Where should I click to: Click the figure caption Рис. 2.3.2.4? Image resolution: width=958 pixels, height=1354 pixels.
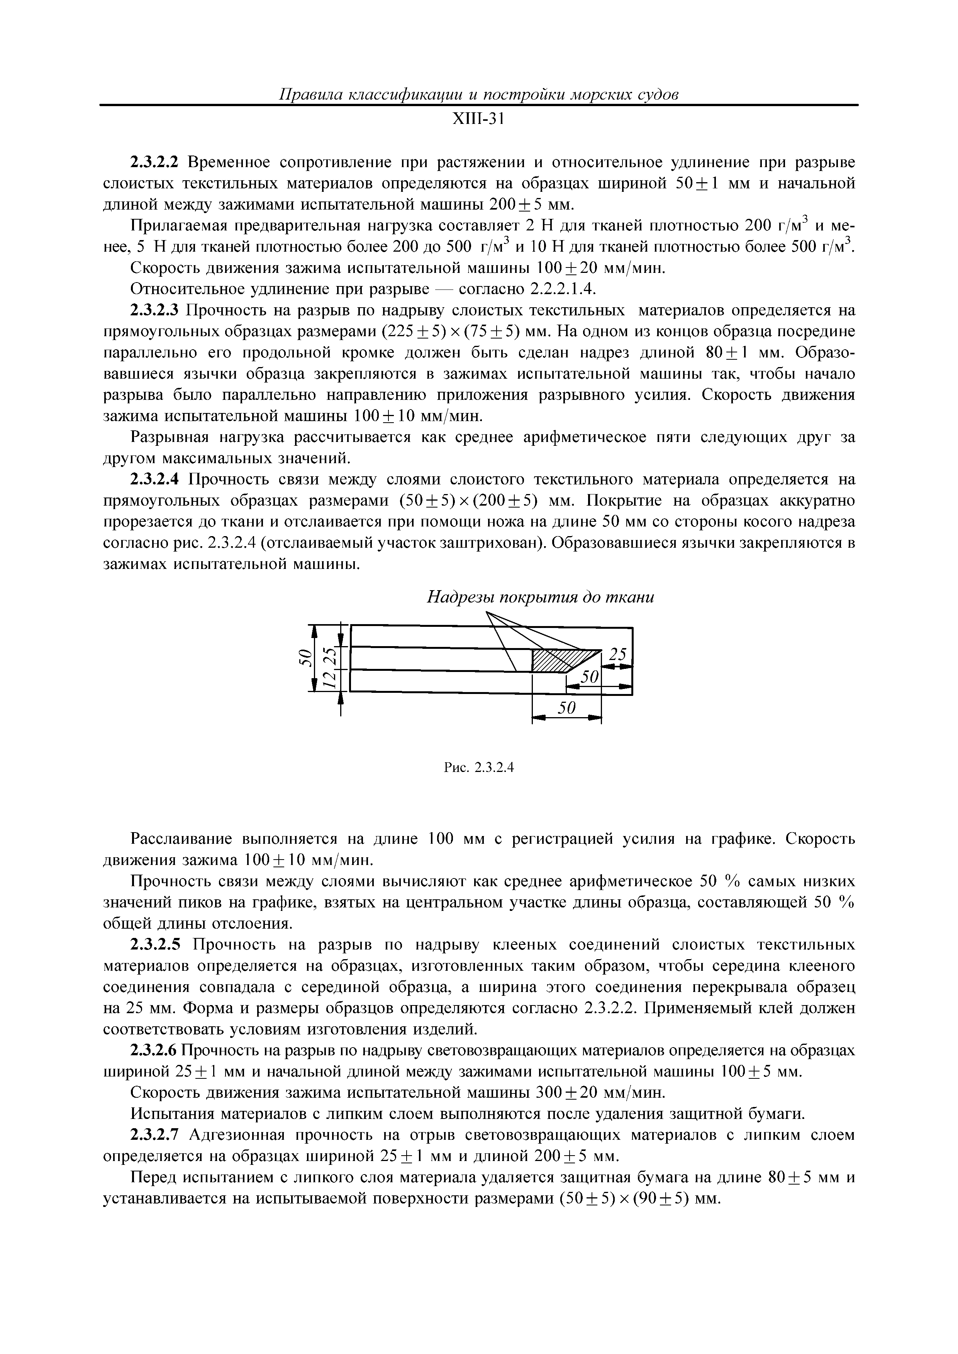click(x=478, y=768)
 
